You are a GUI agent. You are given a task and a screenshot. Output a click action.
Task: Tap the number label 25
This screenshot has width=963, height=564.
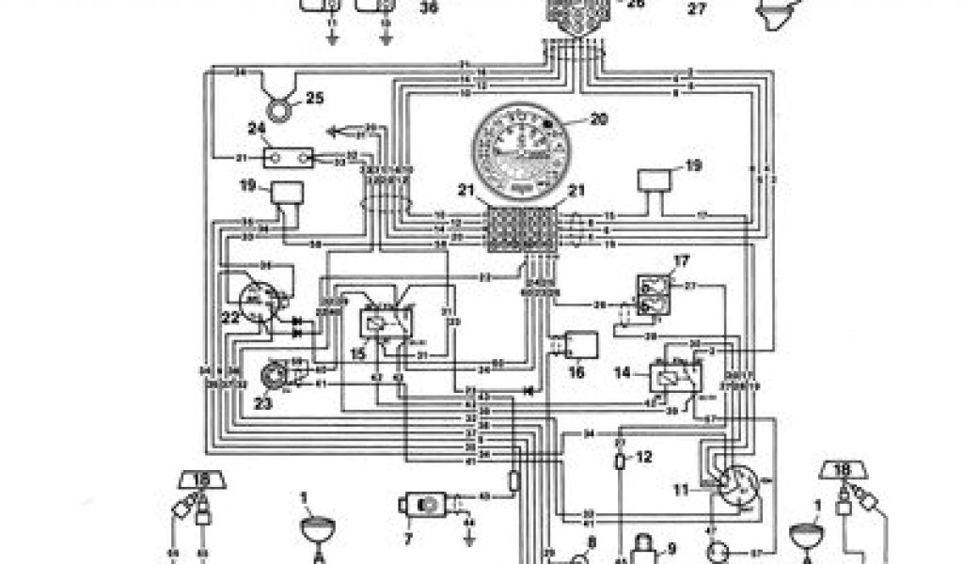point(314,98)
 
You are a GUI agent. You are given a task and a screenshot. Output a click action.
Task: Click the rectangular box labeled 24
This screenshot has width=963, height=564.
point(288,157)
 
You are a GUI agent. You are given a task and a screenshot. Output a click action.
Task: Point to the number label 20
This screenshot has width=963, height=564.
point(599,119)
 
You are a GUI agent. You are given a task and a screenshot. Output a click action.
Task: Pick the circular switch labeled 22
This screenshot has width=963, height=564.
point(257,302)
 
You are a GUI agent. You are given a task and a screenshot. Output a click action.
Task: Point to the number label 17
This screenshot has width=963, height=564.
point(681,260)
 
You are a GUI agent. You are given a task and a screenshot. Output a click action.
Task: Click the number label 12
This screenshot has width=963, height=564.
point(643,458)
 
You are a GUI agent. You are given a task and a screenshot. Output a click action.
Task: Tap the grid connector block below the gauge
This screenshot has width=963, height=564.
point(519,229)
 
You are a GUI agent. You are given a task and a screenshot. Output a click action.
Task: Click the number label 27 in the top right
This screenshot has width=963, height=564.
point(697,9)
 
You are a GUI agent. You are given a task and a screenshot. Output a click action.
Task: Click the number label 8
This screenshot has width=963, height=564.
point(591,541)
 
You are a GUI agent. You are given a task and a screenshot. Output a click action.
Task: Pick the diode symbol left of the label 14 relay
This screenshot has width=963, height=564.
point(529,389)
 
